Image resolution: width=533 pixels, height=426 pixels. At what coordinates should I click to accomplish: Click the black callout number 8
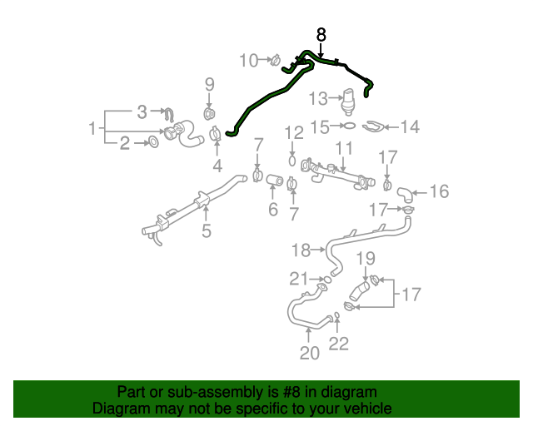point(322,35)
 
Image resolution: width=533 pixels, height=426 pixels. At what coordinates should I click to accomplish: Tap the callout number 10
point(249,60)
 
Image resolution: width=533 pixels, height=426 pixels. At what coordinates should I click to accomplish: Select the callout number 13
point(318,100)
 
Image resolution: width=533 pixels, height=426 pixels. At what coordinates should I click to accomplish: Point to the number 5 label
point(207,231)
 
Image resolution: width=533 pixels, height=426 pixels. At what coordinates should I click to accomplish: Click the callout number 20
point(309,354)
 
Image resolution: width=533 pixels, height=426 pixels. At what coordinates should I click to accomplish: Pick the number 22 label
point(339,343)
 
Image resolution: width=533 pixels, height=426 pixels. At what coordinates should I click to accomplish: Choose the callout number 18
point(300,249)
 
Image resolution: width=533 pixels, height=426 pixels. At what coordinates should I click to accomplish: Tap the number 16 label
point(439,192)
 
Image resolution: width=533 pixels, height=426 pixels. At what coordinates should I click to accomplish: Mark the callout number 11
point(344,149)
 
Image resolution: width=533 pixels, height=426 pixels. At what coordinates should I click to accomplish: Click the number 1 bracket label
point(92,128)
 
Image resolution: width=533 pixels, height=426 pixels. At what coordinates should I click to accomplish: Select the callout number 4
point(217,165)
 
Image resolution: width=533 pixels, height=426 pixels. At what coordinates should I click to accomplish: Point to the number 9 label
point(210,84)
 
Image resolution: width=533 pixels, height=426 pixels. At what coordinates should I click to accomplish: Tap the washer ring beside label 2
point(153,144)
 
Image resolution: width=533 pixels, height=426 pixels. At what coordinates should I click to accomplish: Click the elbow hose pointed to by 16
point(403,196)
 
